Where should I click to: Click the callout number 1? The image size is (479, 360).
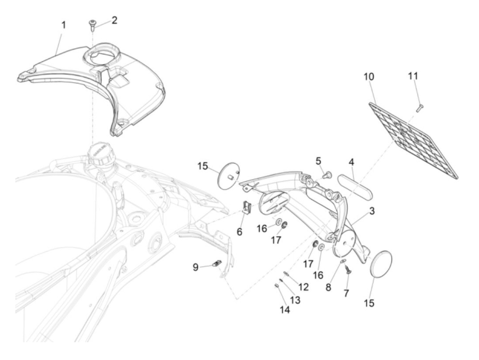coord(63,25)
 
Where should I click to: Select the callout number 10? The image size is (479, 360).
coord(368,76)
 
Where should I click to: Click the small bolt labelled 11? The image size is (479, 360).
coord(418,108)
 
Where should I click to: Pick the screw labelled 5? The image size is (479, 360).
coord(327,176)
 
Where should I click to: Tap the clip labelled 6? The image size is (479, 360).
coord(247,207)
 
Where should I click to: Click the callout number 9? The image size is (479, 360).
coord(195,267)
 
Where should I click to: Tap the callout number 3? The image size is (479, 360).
coord(371,211)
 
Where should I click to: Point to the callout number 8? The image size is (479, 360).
coord(328,287)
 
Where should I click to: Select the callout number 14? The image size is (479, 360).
coord(285,310)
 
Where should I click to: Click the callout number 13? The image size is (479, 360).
coord(295,300)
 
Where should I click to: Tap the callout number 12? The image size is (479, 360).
coord(303,287)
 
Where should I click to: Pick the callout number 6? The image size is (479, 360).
coord(239,232)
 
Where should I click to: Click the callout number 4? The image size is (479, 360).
coord(351,162)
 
